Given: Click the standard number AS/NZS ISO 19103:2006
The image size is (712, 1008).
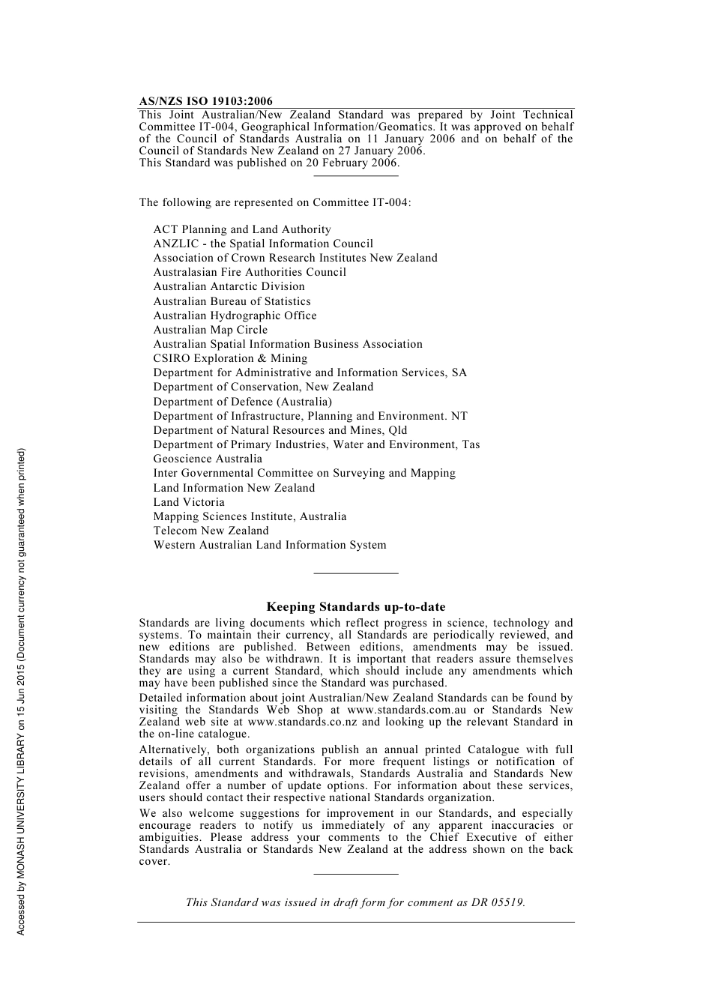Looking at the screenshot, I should coord(205,101).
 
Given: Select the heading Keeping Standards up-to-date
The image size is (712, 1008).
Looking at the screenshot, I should coord(355,607).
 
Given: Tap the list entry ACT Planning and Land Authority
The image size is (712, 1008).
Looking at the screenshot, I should coord(242,229).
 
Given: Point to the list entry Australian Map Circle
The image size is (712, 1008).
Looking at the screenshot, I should coord(210,330).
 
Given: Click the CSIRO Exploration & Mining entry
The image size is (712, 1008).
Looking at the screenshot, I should coord(230,358).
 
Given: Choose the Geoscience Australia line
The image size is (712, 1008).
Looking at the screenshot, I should coord(208,459).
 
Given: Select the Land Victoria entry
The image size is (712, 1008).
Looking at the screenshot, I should coord(189,502).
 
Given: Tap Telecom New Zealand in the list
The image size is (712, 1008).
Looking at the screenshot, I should coord(211,531).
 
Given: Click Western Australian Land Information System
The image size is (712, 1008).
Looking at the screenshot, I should coord(270,545).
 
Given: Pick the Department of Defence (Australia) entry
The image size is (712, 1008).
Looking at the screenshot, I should coord(242,402).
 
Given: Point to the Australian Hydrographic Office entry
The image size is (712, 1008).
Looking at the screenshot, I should coord(235,316).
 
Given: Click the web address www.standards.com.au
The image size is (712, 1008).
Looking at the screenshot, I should coord(406,710).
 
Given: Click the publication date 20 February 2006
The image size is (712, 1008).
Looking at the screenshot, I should coord(352,163).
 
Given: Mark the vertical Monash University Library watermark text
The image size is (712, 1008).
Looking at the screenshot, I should coord(22,691).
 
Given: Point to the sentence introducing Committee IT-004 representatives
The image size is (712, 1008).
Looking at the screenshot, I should coord(274,202).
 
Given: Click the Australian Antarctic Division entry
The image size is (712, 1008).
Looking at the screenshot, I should coord(229,286).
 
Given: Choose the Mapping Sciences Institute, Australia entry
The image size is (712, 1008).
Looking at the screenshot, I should coord(250,516).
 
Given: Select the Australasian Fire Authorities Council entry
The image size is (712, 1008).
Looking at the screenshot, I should coord(250,272).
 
